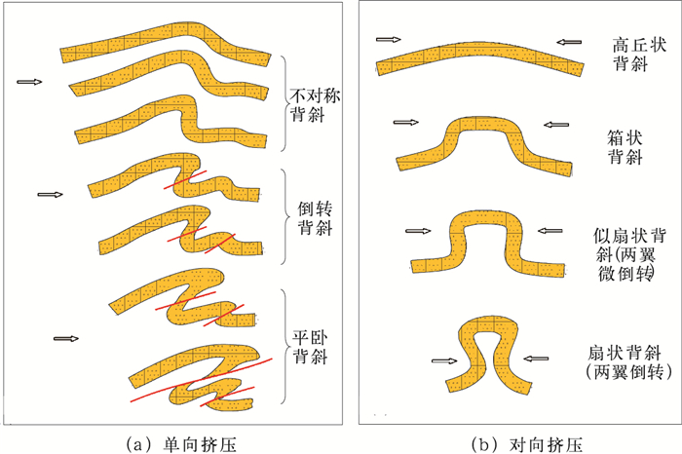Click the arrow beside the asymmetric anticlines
30,82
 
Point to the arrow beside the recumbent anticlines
66,338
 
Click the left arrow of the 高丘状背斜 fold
388,40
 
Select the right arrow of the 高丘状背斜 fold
571,41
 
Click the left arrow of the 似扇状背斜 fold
418,231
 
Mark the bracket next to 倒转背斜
284,216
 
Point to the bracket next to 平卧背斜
284,347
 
